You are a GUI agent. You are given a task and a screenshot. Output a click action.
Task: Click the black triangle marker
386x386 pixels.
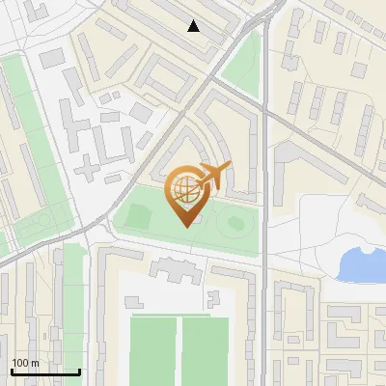(194, 26)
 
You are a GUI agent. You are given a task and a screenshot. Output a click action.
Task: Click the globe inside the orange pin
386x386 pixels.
(182, 187)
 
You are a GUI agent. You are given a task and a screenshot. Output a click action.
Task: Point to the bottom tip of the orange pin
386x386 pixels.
(182, 226)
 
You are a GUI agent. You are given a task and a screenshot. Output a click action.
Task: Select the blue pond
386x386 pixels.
(361, 261)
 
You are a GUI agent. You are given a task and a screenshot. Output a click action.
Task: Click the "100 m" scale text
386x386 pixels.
(25, 363)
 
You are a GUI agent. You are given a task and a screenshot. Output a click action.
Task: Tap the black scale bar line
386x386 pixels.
(44, 372)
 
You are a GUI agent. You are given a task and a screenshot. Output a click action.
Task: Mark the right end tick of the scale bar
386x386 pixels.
(79, 370)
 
